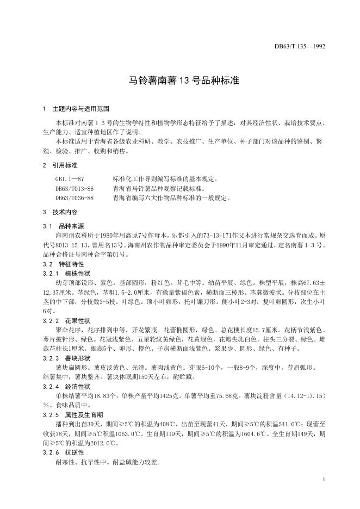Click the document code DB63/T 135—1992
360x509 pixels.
tap(300, 47)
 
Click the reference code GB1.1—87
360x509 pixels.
tap(70, 178)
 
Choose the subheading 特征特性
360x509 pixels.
tap(72, 264)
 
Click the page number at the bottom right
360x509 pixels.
tap(324, 480)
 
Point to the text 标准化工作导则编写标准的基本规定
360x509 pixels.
tap(165, 178)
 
